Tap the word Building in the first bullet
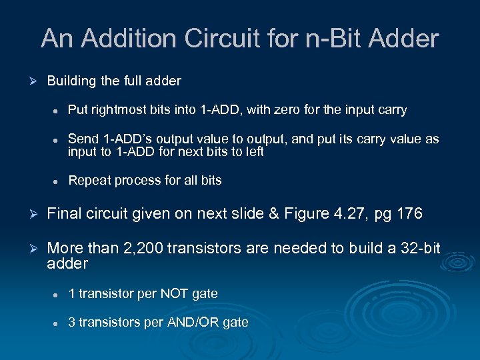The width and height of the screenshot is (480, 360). click(71, 81)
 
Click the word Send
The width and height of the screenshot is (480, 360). click(83, 139)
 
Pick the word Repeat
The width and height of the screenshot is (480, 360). click(89, 180)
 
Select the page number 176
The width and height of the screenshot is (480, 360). click(407, 214)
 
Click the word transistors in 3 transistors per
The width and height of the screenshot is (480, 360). click(109, 323)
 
